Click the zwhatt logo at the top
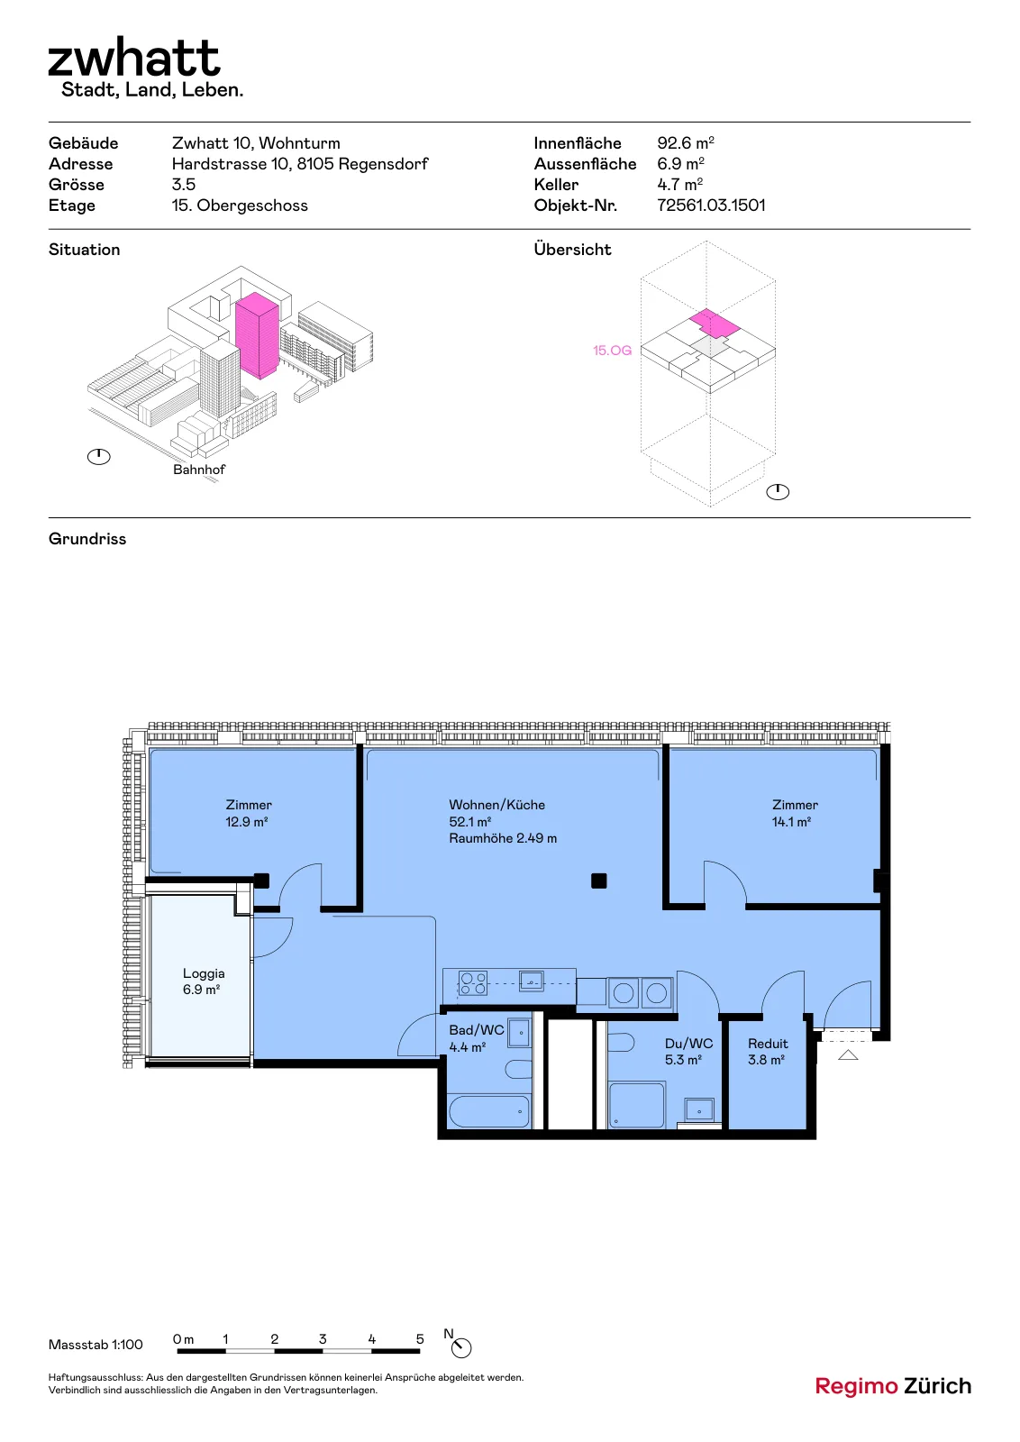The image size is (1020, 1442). [134, 58]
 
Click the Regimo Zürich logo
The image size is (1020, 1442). [893, 1386]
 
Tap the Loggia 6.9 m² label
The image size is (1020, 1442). [203, 981]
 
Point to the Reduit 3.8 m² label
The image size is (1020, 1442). [767, 1051]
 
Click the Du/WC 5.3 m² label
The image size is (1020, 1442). [688, 1051]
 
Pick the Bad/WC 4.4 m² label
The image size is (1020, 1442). [477, 1038]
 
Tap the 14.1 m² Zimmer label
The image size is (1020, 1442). [795, 813]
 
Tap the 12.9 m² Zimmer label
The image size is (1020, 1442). [249, 813]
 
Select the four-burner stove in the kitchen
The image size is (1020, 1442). [472, 983]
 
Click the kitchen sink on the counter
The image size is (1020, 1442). [531, 981]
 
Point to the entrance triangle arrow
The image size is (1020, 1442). [848, 1054]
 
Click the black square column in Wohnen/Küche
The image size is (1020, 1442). [598, 881]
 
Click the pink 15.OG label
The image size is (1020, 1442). [612, 351]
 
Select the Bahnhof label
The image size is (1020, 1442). [199, 470]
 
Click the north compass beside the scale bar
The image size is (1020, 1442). [460, 1347]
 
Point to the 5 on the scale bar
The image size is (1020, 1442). [420, 1339]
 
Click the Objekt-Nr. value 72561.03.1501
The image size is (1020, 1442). [711, 205]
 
